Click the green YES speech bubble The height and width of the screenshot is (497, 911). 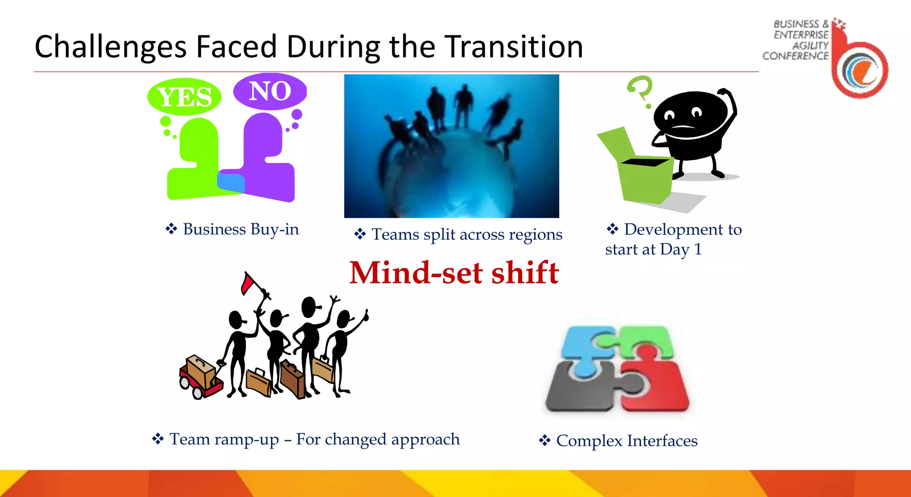pyautogui.click(x=184, y=97)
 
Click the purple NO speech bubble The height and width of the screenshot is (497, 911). pyautogui.click(x=270, y=91)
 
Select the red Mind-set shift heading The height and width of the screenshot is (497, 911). pyautogui.click(x=454, y=272)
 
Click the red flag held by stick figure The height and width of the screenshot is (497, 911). pyautogui.click(x=247, y=283)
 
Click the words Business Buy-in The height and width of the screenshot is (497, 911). pyautogui.click(x=241, y=229)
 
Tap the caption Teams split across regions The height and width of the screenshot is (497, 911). pyautogui.click(x=467, y=234)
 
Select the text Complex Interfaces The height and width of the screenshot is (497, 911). pyautogui.click(x=626, y=441)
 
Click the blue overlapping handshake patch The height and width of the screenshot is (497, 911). pyautogui.click(x=231, y=182)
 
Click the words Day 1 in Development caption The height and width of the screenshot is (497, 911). pyautogui.click(x=681, y=249)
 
